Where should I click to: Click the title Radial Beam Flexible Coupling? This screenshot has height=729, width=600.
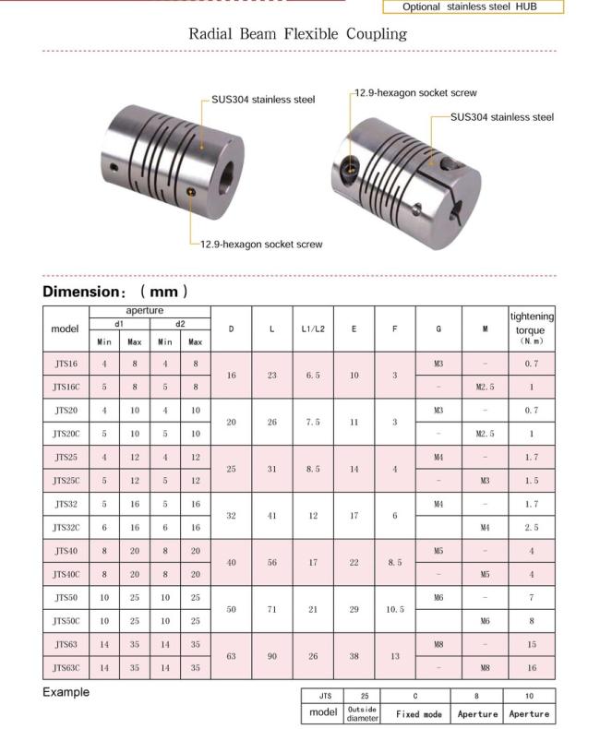tap(297, 34)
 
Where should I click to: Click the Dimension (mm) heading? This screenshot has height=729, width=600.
tap(115, 292)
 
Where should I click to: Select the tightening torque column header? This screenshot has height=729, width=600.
tap(532, 328)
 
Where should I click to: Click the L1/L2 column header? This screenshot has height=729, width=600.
tap(313, 329)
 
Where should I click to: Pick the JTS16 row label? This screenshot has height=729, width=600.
tap(66, 364)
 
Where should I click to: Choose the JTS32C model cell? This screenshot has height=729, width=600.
tap(66, 527)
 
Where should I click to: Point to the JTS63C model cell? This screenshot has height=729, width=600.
tap(66, 667)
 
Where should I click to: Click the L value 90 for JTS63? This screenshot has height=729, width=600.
tap(272, 656)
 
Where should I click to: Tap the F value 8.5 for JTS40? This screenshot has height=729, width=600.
tap(394, 562)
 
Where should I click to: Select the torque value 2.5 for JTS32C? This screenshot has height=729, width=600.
tap(532, 527)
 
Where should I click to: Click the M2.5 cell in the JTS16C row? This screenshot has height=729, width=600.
tap(486, 388)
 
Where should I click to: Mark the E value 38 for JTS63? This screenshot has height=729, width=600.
tap(354, 656)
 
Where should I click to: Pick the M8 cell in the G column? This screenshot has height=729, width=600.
tap(438, 644)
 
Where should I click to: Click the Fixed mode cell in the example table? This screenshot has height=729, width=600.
tap(419, 713)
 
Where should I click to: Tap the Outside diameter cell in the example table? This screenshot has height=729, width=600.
tap(363, 713)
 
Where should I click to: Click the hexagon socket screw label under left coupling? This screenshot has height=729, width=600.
tap(261, 245)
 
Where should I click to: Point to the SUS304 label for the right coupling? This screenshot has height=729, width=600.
tap(502, 117)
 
